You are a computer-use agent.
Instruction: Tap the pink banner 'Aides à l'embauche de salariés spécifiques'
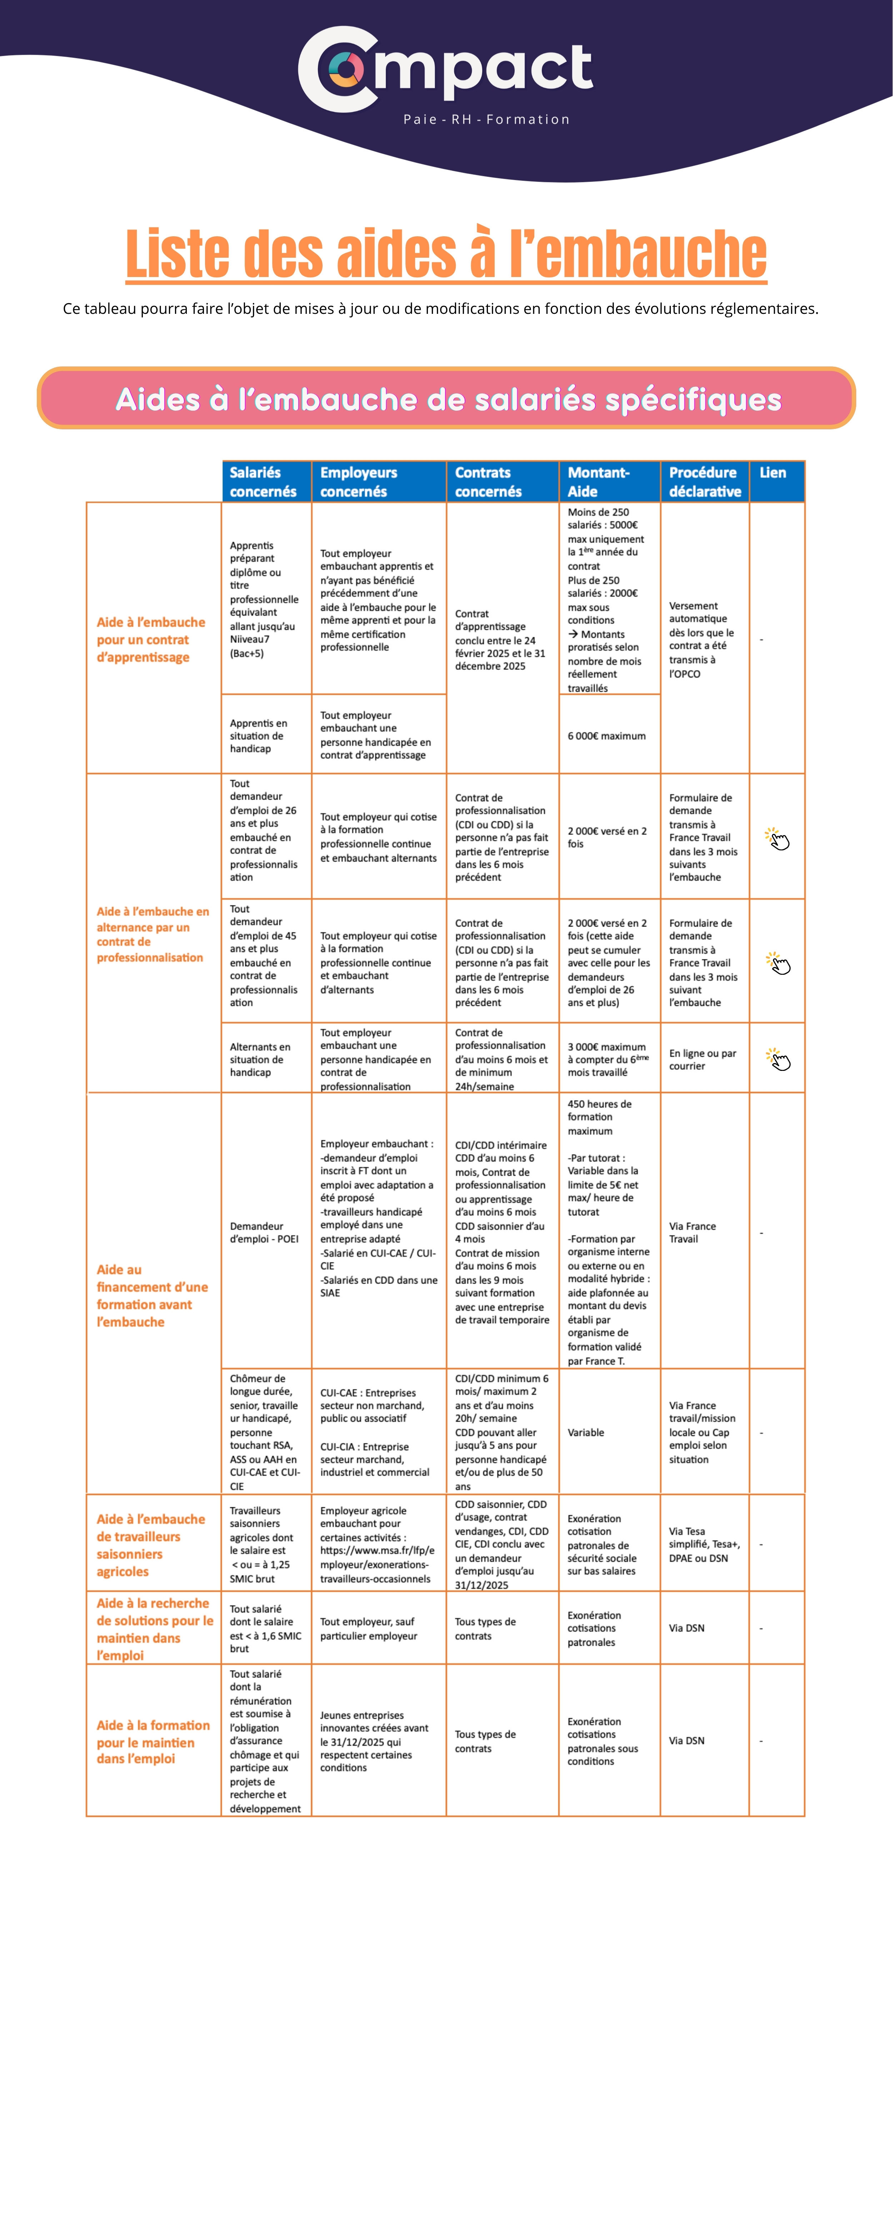click(x=446, y=399)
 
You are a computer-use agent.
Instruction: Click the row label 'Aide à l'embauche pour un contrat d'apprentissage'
click(x=151, y=639)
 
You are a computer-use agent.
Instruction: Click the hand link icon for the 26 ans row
click(x=778, y=839)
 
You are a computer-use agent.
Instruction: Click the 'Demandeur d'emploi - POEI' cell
click(x=264, y=1232)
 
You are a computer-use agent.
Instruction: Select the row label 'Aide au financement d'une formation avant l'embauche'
click(x=152, y=1296)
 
